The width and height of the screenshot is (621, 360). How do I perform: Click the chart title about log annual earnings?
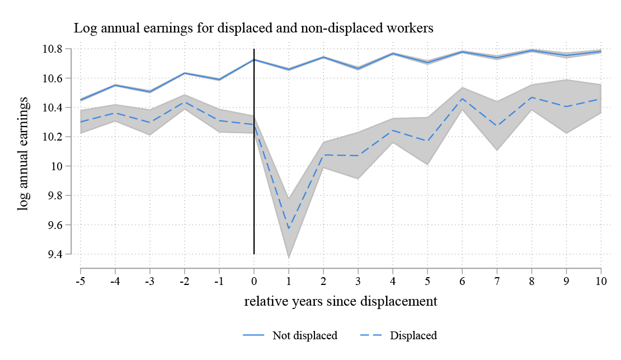tap(253, 29)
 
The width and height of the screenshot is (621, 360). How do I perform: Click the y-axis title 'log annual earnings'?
tap(23, 153)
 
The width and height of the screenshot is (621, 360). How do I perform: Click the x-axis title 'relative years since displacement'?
tap(340, 302)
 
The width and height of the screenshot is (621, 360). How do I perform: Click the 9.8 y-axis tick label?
tap(55, 195)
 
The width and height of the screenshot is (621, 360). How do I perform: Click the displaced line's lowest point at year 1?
tap(289, 228)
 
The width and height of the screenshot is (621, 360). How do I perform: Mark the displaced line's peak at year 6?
tap(462, 99)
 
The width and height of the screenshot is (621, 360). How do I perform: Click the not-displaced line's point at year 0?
tap(254, 59)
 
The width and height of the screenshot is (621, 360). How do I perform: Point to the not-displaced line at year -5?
tap(81, 100)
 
